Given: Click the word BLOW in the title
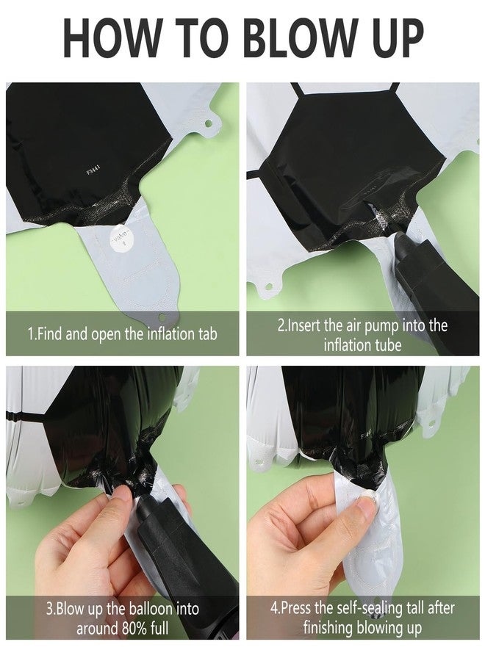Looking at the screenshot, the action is (298, 37).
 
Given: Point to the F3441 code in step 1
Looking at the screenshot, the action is (93, 170).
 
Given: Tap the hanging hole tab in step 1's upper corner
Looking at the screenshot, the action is (209, 124).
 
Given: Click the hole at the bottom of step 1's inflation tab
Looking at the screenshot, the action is (162, 317).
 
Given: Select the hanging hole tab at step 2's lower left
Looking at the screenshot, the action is (267, 288).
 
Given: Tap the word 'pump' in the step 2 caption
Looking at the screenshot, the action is (381, 326).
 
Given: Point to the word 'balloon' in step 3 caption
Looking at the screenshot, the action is (150, 609).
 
